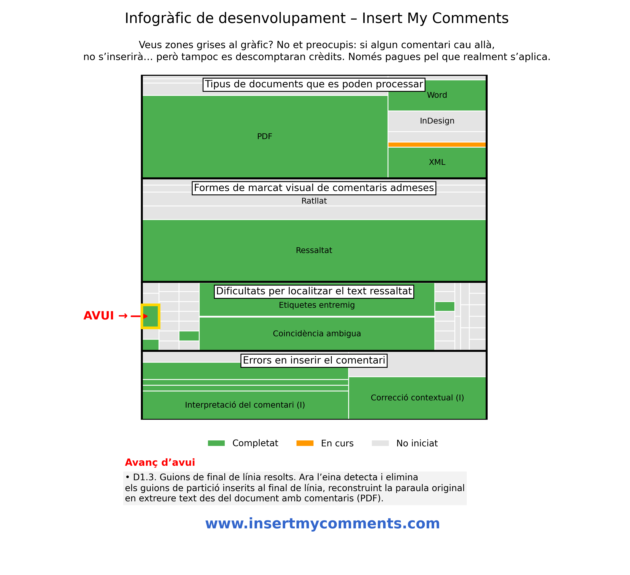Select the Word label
click(x=437, y=95)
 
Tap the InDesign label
click(x=437, y=121)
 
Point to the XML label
click(x=437, y=162)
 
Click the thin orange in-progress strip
click(x=437, y=144)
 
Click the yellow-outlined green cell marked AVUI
click(x=150, y=316)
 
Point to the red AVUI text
click(x=98, y=316)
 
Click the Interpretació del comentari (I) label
click(x=245, y=405)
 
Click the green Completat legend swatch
click(x=216, y=443)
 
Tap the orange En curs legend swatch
click(x=305, y=443)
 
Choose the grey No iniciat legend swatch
click(x=380, y=443)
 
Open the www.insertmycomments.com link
click(x=322, y=524)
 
